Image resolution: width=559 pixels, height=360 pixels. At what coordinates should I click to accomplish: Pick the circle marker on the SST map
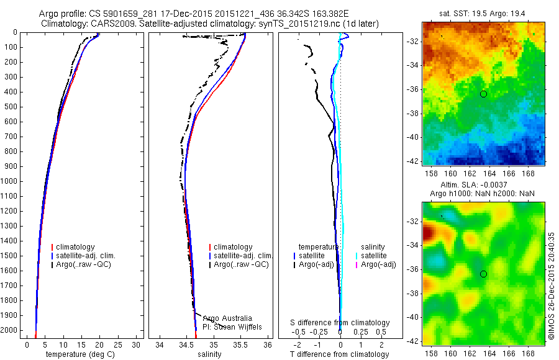click(483, 94)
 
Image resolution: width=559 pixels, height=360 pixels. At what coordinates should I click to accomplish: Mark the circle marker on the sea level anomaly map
click(483, 274)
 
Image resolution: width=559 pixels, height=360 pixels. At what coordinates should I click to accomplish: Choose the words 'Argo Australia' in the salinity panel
click(227, 318)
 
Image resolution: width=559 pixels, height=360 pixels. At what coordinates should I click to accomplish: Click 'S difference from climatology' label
click(340, 323)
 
